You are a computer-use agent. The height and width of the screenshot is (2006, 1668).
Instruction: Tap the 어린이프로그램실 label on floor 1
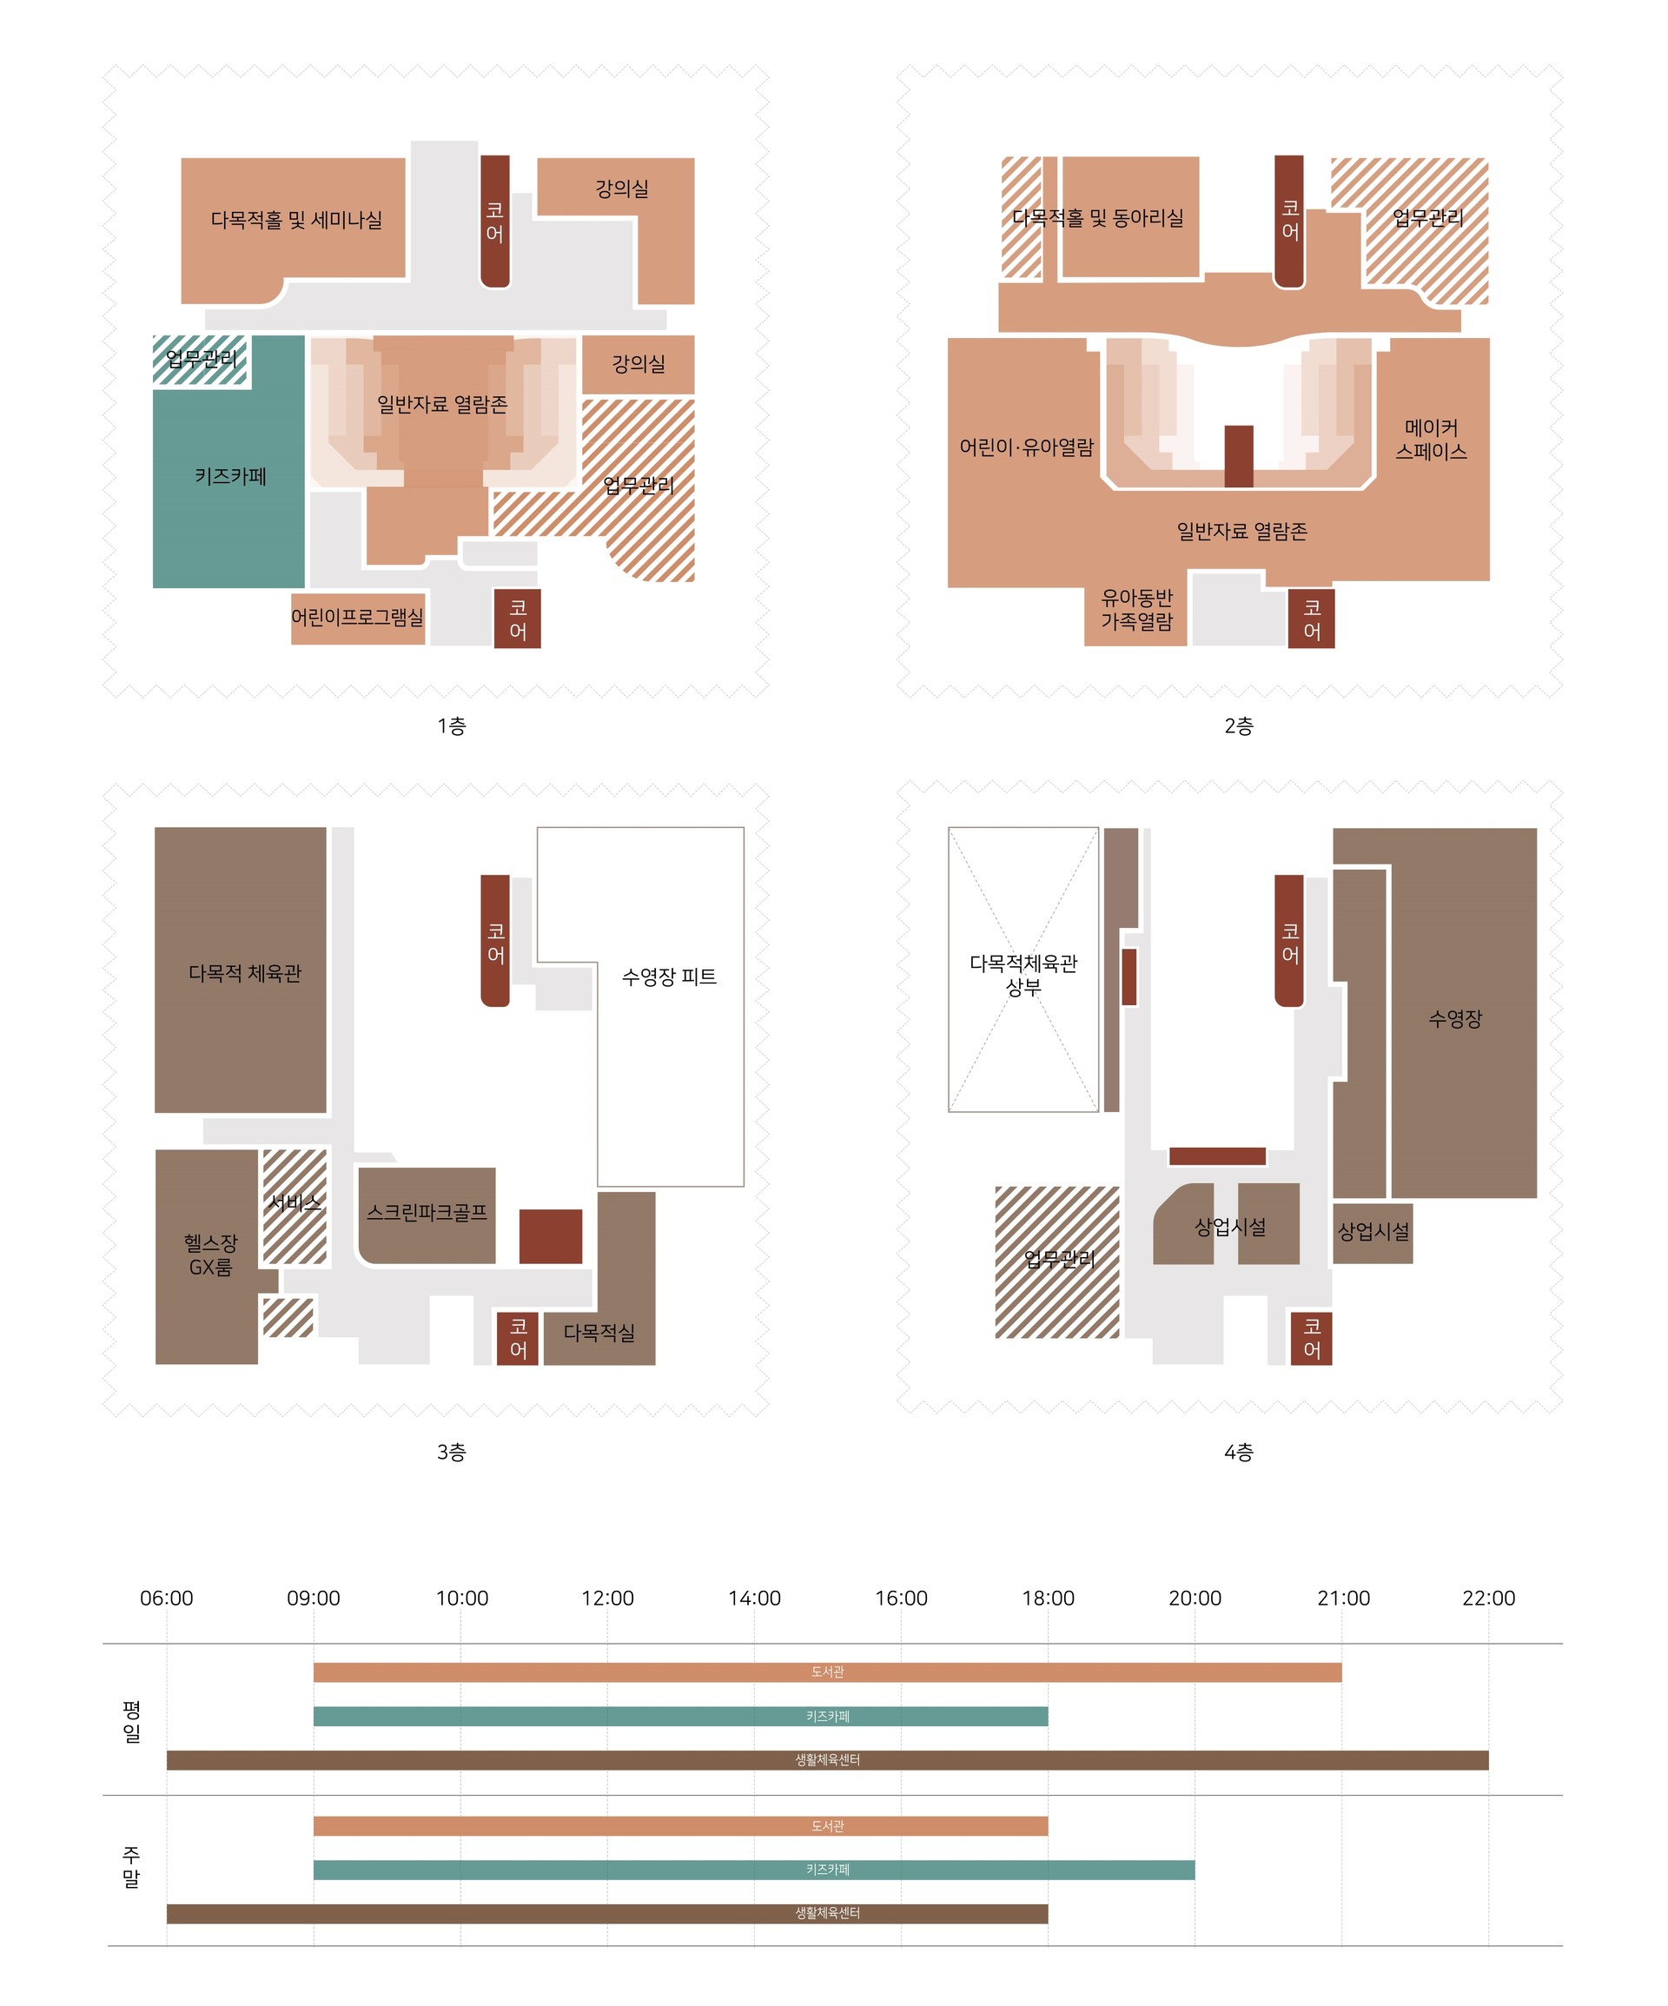357,617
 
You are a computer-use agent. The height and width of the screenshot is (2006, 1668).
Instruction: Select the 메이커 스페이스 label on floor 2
1431,440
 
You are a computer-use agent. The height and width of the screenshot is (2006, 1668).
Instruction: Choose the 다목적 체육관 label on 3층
245,973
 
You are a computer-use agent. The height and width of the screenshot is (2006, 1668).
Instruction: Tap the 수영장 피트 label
669,977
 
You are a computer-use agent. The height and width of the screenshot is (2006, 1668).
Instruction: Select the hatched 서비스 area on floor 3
295,1207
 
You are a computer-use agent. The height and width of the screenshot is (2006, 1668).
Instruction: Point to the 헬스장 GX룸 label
211,1255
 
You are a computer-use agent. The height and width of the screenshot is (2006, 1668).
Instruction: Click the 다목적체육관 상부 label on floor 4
1023,976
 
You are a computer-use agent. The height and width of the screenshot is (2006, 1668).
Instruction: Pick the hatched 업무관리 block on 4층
1057,1261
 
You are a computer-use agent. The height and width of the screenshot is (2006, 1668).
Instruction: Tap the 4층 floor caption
1238,1453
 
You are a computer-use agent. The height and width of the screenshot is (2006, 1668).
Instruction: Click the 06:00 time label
166,1599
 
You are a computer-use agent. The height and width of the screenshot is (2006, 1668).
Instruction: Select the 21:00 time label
1343,1599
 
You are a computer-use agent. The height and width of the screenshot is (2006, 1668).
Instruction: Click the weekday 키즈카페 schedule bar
680,1717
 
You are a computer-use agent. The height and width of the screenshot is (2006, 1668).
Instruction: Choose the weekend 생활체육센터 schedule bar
606,1913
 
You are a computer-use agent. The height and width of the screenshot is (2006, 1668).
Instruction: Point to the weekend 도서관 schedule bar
680,1826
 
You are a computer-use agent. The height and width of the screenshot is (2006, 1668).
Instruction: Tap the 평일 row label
131,1721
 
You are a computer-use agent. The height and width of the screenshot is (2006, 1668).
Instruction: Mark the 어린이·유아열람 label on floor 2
1026,447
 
